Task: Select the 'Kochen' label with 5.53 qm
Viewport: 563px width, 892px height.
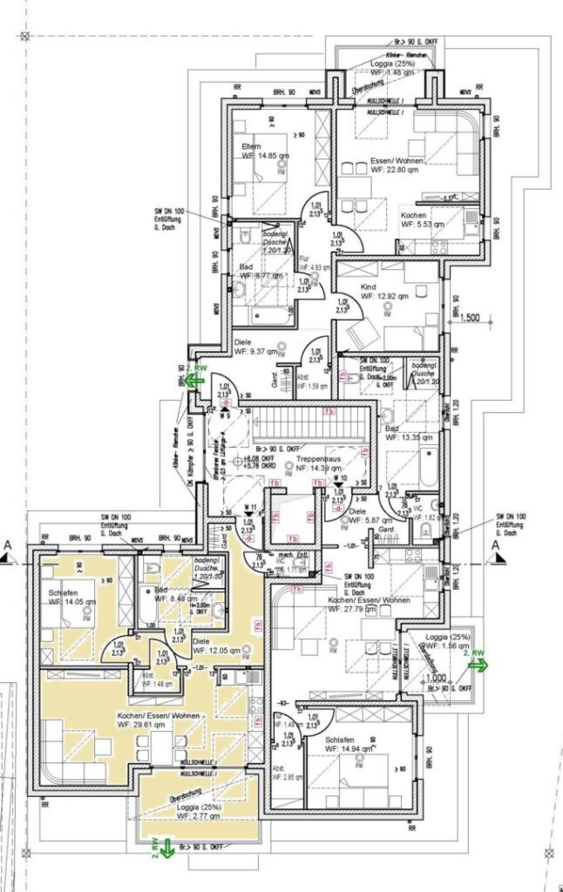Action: [414, 214]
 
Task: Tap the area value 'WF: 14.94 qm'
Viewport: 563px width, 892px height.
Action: [352, 747]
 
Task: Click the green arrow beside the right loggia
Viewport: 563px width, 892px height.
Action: [478, 664]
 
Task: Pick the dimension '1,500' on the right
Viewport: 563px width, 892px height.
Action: [471, 319]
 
